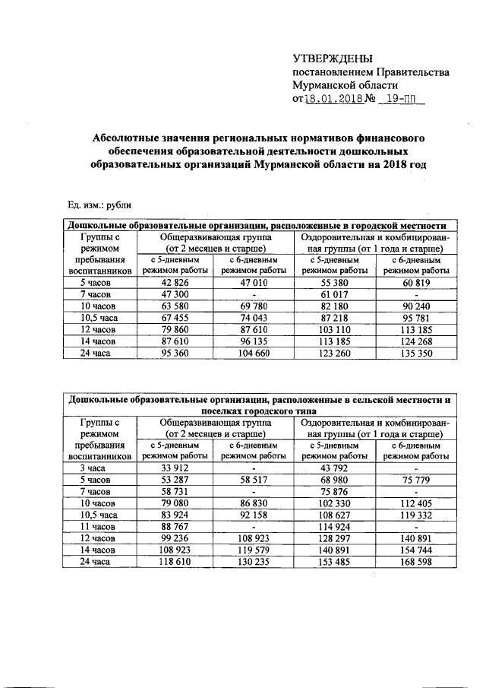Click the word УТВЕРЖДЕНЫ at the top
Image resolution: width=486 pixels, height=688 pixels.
pos(333,59)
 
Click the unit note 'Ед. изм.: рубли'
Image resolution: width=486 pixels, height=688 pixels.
pos(99,204)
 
